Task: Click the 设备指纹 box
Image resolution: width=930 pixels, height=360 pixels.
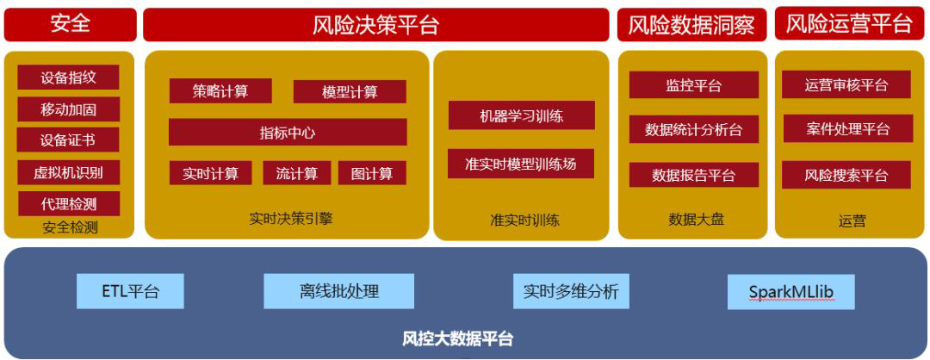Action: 69,78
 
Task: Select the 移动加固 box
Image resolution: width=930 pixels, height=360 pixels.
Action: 69,109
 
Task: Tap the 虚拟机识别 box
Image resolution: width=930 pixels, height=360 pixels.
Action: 69,172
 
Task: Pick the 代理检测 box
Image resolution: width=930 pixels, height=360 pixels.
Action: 69,204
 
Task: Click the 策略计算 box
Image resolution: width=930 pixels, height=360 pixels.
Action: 220,91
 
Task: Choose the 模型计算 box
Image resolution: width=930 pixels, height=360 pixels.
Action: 350,92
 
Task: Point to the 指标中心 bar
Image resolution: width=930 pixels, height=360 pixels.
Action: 288,133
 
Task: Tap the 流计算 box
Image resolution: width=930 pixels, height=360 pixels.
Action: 297,173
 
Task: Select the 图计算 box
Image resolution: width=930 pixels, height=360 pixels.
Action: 372,173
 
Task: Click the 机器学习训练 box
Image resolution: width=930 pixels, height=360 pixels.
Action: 521,115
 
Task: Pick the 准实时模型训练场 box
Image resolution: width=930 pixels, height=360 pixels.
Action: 521,164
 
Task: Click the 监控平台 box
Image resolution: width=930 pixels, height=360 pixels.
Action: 693,85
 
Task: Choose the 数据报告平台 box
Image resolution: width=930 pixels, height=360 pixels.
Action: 693,175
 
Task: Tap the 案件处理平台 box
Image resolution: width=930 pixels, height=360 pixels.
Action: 847,129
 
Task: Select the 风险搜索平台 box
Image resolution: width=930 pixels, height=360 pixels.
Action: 847,175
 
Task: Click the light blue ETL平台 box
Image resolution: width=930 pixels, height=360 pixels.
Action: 130,291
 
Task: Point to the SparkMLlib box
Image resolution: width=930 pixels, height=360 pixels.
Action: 790,292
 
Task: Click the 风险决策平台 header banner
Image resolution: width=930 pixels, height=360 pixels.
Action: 375,26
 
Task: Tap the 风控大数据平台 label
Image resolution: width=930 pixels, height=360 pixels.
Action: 457,338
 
